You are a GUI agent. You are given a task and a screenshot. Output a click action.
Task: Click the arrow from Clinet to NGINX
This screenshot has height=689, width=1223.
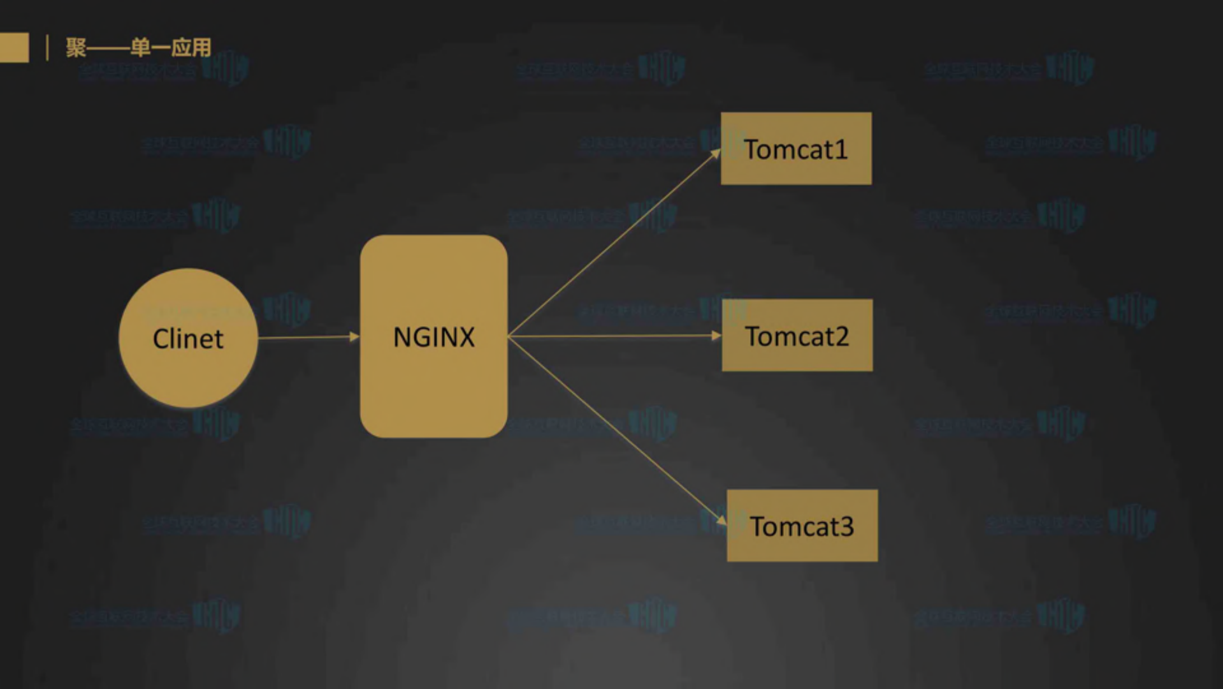[306, 337]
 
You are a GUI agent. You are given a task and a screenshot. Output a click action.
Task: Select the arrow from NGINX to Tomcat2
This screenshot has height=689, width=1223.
[612, 336]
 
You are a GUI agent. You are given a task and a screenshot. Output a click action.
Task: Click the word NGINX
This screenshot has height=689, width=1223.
[433, 337]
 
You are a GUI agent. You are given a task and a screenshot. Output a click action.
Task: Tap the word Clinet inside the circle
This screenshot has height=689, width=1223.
[188, 339]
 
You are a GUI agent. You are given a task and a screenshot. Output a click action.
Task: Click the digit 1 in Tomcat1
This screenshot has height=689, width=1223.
[841, 150]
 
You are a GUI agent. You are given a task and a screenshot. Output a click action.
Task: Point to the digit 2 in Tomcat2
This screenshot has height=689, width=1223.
[841, 337]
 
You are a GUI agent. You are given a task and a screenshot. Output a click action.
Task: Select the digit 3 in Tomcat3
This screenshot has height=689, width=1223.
[846, 527]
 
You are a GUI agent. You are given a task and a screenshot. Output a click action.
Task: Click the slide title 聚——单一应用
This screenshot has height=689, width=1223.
[138, 48]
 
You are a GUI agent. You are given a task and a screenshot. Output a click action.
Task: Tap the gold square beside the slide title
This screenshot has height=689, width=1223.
[13, 48]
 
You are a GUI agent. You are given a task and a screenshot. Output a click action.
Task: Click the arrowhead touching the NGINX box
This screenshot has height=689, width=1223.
[355, 336]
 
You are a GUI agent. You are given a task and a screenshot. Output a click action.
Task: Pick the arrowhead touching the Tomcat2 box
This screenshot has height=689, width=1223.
[716, 336]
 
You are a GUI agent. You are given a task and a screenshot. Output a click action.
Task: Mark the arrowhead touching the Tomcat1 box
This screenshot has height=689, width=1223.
[716, 153]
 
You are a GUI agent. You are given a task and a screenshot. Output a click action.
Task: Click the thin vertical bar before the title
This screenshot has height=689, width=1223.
[47, 48]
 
